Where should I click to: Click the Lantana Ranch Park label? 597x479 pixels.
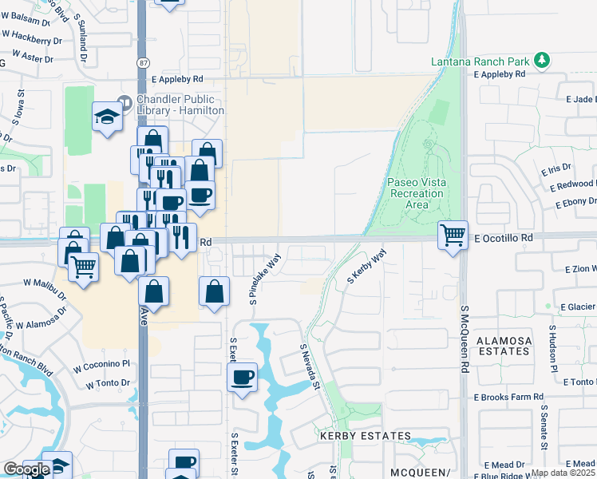(x=480, y=61)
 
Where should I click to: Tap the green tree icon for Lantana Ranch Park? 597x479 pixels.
(x=543, y=60)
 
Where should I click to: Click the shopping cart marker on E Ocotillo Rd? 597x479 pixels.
(x=453, y=235)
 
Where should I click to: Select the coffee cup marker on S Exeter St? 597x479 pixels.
(x=243, y=377)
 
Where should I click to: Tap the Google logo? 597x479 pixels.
(x=26, y=469)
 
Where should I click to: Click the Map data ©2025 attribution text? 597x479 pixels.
(x=563, y=473)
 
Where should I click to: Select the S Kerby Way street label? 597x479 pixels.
(x=366, y=267)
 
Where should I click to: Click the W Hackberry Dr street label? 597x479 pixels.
(x=32, y=40)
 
